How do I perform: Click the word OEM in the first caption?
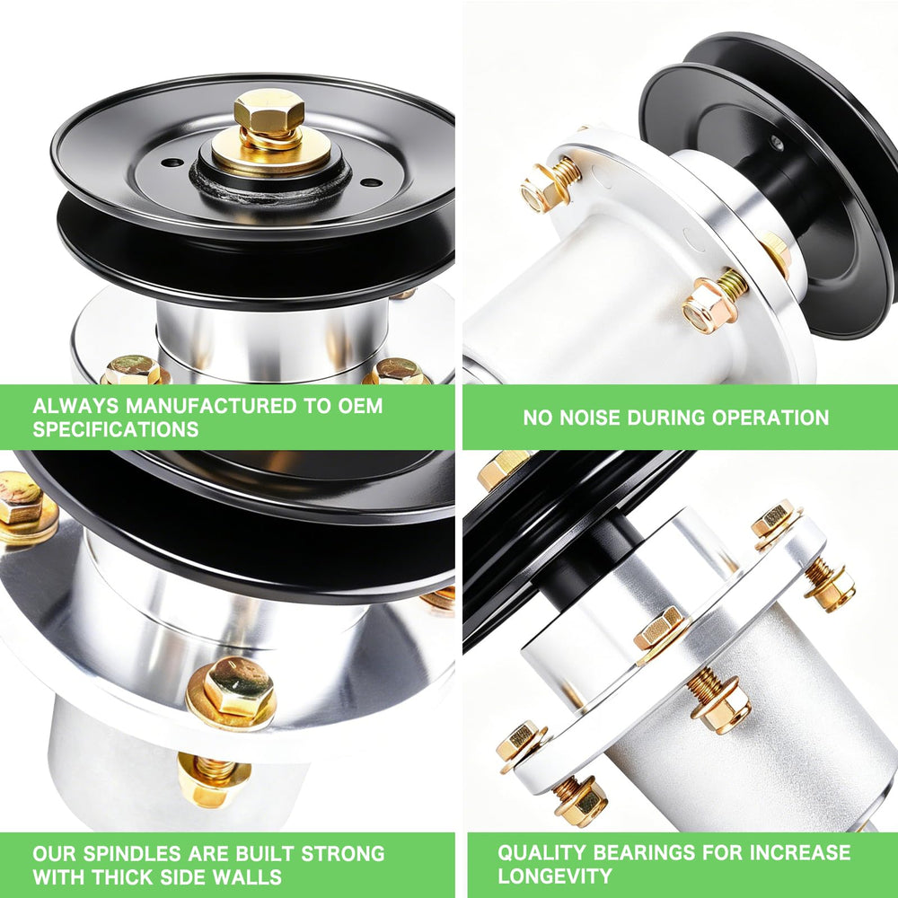pos(360,406)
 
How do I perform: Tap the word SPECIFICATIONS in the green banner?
pos(116,429)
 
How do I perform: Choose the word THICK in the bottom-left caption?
pos(119,876)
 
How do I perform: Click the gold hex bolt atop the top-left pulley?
pos(269,111)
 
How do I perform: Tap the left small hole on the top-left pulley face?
pos(172,163)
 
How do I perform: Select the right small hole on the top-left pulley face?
pos(372,182)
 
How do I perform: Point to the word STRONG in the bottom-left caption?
pos(343,853)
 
